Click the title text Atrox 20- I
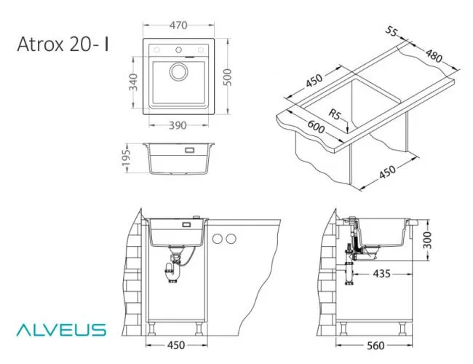[x=63, y=45]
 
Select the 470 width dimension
[x=178, y=25]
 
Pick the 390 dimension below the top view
[x=178, y=125]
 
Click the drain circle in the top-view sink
[x=178, y=72]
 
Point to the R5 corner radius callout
[x=335, y=114]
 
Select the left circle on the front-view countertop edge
[x=217, y=238]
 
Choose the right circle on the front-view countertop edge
[x=231, y=238]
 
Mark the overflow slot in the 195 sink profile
[x=192, y=151]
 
